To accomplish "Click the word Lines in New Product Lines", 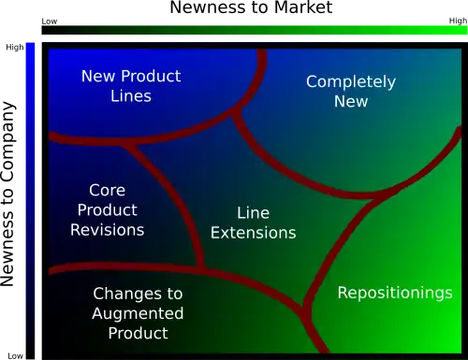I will click(130, 95).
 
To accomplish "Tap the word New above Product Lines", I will click(98, 76).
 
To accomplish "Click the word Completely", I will click(351, 82).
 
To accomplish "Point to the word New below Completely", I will click(351, 101).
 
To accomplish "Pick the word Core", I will click(108, 191).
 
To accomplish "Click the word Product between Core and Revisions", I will click(108, 210).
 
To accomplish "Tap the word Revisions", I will click(108, 230).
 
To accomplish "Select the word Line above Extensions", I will click(253, 213).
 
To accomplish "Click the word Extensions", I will click(253, 233).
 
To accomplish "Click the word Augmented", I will click(138, 313).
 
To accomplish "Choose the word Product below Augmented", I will click(138, 333).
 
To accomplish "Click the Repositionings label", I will click(395, 293).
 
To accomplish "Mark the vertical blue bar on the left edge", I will click(30, 187).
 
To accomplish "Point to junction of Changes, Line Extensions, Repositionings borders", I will click(305, 306).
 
